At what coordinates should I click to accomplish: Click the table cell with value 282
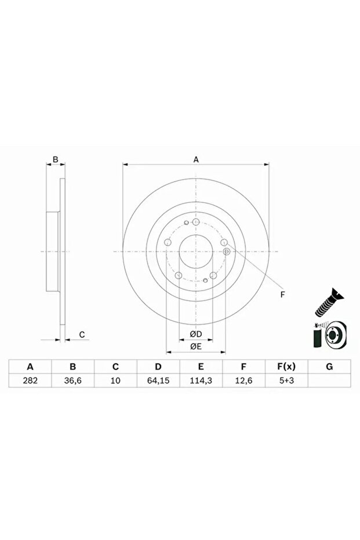(30, 380)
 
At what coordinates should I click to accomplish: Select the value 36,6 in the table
(73, 380)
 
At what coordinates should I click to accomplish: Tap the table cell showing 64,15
(158, 380)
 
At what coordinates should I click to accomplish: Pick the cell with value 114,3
(201, 380)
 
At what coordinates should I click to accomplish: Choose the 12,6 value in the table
(243, 380)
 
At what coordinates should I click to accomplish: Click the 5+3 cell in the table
(286, 380)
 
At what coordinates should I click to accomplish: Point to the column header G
(329, 367)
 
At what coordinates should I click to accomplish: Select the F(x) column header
(286, 367)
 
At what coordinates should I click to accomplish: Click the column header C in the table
(115, 367)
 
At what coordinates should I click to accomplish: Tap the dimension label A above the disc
(196, 160)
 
